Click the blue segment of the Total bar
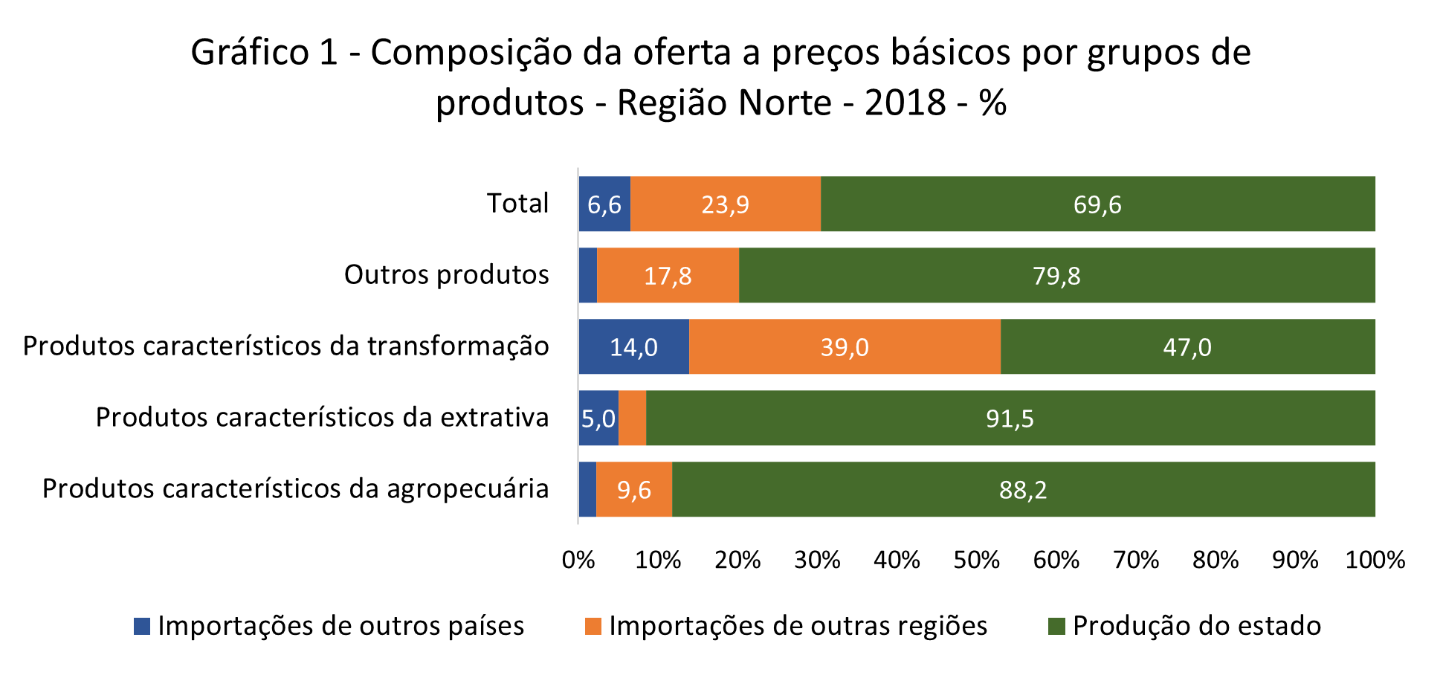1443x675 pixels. coord(604,204)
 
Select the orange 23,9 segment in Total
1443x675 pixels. coord(726,204)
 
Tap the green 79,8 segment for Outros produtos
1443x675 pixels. coord(1056,275)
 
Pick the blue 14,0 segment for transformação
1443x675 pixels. coord(633,346)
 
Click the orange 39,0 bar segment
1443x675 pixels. coord(845,346)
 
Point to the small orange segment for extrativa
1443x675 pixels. coord(632,418)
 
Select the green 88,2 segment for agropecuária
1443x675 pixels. coord(1023,489)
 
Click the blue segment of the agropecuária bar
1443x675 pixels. coord(587,489)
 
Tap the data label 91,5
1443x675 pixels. coord(1010,419)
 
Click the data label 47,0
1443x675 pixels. coord(1187,347)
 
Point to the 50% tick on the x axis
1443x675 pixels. coord(976,560)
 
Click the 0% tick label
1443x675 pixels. coord(578,560)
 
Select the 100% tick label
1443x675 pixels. coord(1375,560)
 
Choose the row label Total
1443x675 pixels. coord(517,203)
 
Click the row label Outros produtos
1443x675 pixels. coord(446,274)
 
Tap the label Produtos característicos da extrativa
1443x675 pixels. coord(322,417)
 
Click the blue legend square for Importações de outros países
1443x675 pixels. coord(142,626)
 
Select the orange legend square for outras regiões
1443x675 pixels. coord(593,626)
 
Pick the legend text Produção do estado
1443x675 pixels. coord(1196,626)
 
